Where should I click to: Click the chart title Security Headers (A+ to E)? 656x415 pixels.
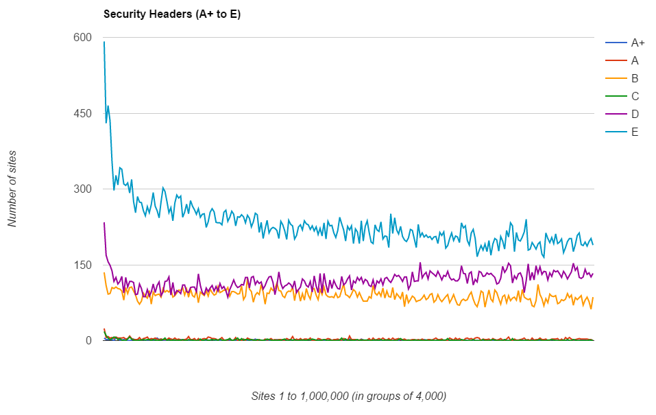point(172,14)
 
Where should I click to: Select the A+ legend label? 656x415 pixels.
point(638,43)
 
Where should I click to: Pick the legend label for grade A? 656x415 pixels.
point(635,60)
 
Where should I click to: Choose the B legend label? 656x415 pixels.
point(635,78)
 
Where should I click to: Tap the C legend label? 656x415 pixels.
point(635,96)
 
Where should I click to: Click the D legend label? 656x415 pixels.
point(635,114)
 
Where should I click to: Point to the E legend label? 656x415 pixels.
point(635,132)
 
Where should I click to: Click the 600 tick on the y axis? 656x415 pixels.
point(83,38)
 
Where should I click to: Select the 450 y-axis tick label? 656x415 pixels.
point(83,113)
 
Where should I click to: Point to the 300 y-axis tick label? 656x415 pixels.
point(83,189)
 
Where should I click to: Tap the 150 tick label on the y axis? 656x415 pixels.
point(83,265)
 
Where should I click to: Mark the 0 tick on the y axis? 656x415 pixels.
point(88,341)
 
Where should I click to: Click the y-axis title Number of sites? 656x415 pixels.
point(12,189)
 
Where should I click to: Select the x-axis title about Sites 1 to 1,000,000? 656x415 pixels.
point(349,396)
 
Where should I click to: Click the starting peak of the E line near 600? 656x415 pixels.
point(104,42)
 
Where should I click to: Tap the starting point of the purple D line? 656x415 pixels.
point(104,222)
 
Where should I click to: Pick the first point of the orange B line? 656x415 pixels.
point(104,273)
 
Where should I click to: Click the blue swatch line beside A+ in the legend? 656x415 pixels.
point(615,43)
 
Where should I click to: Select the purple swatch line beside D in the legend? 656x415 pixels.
point(615,114)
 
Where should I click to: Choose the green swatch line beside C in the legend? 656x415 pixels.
point(615,96)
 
